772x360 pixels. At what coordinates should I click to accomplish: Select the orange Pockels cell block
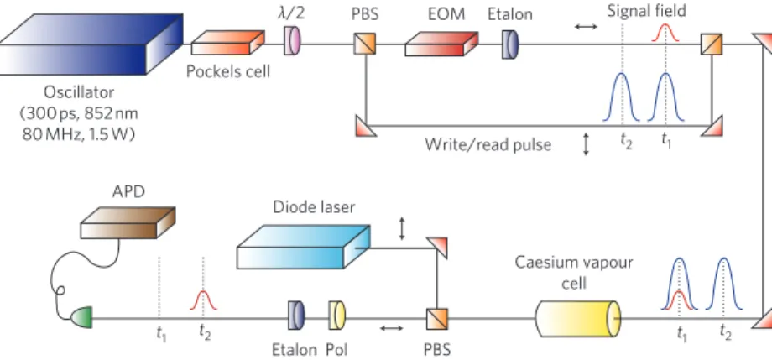(228, 43)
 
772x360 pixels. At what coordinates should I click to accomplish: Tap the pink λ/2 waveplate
(292, 41)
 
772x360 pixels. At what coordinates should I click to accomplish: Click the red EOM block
(441, 44)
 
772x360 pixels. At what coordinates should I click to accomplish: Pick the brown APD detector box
(128, 223)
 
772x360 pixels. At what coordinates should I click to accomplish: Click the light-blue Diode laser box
(303, 247)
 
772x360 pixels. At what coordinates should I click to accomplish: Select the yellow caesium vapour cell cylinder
(578, 318)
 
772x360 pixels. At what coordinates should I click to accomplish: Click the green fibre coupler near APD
(81, 318)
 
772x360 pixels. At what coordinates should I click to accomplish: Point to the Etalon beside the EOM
(510, 44)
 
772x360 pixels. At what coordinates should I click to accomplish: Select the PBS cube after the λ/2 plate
(365, 44)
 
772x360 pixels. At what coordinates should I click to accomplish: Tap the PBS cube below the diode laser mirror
(437, 319)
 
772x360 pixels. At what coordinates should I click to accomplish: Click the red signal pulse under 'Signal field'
(665, 34)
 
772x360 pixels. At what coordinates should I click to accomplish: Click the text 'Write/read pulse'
(488, 145)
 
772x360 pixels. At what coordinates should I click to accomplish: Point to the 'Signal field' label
(646, 11)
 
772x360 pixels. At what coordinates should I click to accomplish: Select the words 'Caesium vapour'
(574, 263)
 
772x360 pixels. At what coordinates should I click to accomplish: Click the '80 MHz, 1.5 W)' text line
(79, 134)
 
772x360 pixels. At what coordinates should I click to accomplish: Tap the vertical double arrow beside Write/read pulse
(586, 144)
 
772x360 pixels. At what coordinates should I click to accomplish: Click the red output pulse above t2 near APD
(203, 301)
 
